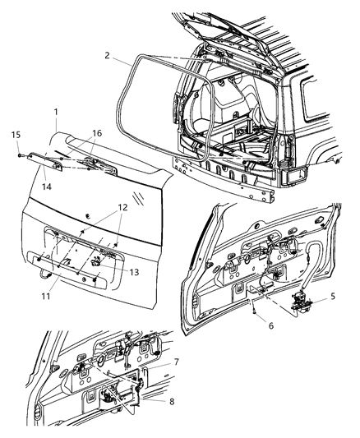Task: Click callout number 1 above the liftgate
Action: [56, 112]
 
